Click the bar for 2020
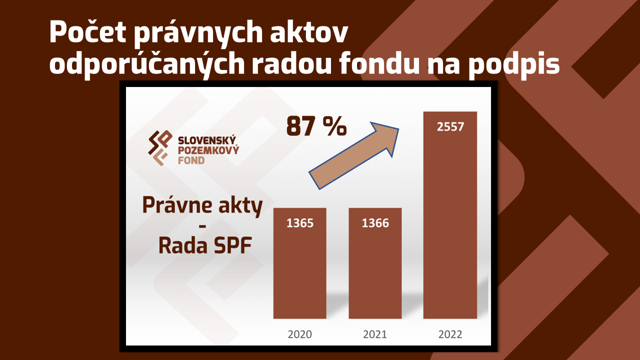(299, 263)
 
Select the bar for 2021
(375, 263)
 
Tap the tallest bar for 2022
(450, 215)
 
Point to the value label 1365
(300, 223)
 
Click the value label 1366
(375, 223)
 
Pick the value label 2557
(450, 127)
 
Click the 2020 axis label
(299, 334)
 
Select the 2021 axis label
(375, 334)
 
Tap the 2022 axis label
(450, 334)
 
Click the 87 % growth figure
(316, 126)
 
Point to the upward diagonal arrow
(353, 155)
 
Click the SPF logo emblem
(160, 147)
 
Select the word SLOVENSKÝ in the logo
(207, 140)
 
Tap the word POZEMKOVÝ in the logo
(208, 150)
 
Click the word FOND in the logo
(191, 160)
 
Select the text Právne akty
(202, 205)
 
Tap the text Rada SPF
(205, 245)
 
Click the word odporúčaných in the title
(147, 64)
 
